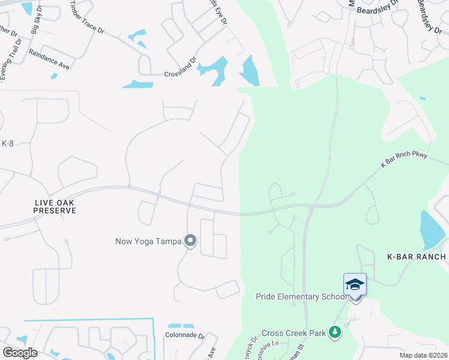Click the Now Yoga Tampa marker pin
pyautogui.click(x=190, y=241)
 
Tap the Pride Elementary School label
pyautogui.click(x=301, y=296)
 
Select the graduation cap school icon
pyautogui.click(x=355, y=284)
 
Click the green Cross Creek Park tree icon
pyautogui.click(x=335, y=332)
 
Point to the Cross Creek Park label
pyautogui.click(x=293, y=332)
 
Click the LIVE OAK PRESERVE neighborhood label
pyautogui.click(x=55, y=207)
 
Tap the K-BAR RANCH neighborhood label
pyautogui.click(x=416, y=257)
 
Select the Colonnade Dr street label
pyautogui.click(x=185, y=336)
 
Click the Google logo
pyautogui.click(x=20, y=353)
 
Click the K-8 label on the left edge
pyautogui.click(x=7, y=143)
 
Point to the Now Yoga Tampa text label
pyautogui.click(x=148, y=242)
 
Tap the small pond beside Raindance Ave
pyautogui.click(x=54, y=76)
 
